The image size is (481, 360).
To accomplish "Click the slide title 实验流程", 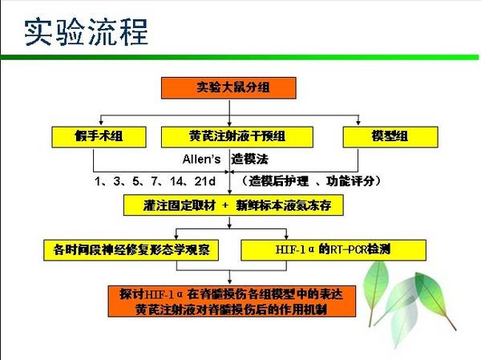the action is pyautogui.click(x=87, y=32).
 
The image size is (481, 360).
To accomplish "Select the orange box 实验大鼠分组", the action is pyautogui.click(x=228, y=87).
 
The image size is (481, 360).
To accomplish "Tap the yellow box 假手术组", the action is pyautogui.click(x=99, y=136).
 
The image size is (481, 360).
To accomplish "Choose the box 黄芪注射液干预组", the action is pyautogui.click(x=237, y=136).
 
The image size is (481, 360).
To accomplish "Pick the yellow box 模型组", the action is pyautogui.click(x=390, y=136).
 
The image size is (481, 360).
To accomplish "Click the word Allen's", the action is pyautogui.click(x=201, y=160).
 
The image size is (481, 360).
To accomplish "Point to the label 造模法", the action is pyautogui.click(x=249, y=160).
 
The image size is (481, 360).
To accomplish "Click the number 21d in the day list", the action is pyautogui.click(x=205, y=181).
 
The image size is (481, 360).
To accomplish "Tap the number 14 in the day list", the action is pyautogui.click(x=176, y=181).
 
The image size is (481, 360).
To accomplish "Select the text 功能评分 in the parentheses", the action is pyautogui.click(x=350, y=181).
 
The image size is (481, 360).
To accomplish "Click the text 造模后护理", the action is pyautogui.click(x=278, y=181).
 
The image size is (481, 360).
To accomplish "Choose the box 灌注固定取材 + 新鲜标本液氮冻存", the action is pyautogui.click(x=233, y=205).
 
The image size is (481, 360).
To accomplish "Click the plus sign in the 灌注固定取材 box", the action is pyautogui.click(x=225, y=205).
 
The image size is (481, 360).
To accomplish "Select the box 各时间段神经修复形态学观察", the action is pyautogui.click(x=131, y=250).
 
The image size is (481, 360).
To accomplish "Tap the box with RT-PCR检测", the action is pyautogui.click(x=333, y=250).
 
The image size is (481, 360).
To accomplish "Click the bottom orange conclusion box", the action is pyautogui.click(x=232, y=301).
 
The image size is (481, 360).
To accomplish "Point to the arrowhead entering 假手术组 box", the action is pyautogui.click(x=101, y=123).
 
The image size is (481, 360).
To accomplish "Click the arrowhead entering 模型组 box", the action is pyautogui.click(x=358, y=123).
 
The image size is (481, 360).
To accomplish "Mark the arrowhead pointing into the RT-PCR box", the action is pyautogui.click(x=286, y=237).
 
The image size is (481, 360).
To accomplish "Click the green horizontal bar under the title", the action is pyautogui.click(x=239, y=57).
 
